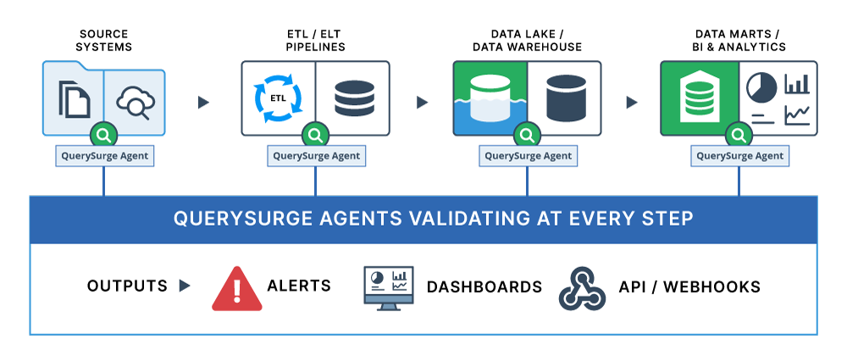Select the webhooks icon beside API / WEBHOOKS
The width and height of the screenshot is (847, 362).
pos(582,287)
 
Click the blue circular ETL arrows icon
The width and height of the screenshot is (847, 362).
pos(277,97)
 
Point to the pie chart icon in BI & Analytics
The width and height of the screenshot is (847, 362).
pos(762,86)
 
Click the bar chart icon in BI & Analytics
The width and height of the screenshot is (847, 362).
pos(796,84)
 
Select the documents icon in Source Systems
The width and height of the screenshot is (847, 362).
pos(74,98)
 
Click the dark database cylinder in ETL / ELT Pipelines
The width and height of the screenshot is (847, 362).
pos(353,98)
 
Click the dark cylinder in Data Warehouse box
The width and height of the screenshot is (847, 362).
pos(566,97)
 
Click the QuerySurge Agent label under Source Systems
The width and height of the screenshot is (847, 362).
pos(103,156)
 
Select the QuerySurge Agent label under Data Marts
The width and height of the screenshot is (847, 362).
pos(739,156)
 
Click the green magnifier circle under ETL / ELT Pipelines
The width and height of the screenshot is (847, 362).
pos(316,135)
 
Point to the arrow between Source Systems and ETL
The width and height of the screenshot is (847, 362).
pos(203,103)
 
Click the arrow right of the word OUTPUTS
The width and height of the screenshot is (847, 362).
pos(185,287)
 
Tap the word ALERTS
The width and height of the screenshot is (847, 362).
pos(299,287)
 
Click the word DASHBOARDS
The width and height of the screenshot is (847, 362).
pos(484,287)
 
